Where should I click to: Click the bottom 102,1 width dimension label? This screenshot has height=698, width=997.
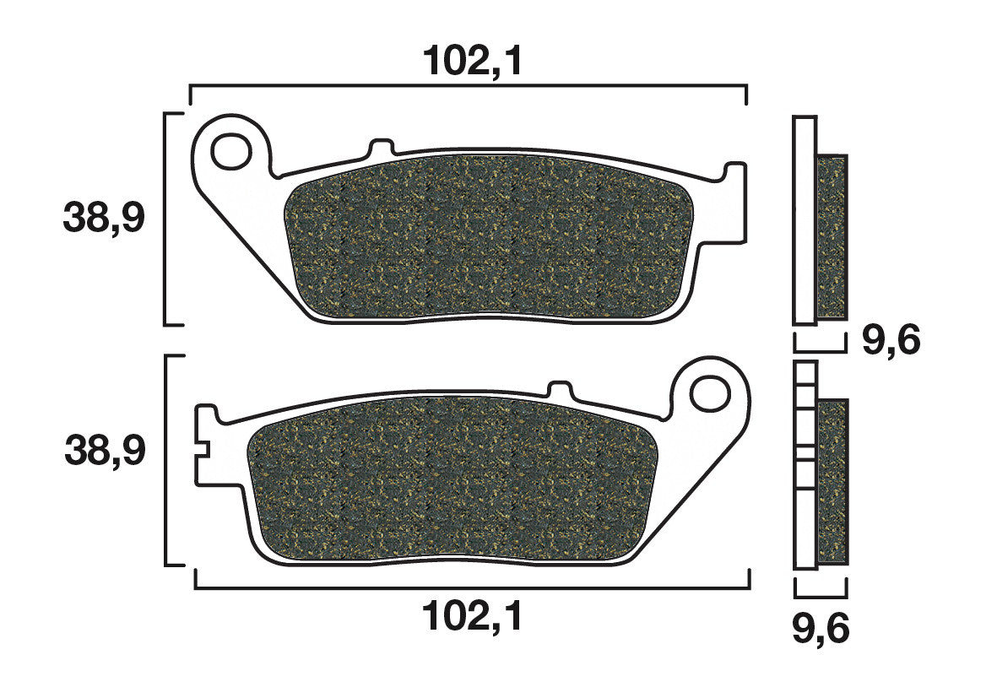tap(472, 616)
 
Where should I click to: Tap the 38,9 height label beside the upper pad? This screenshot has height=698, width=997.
tap(105, 218)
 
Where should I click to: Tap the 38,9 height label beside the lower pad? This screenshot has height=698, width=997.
tap(106, 452)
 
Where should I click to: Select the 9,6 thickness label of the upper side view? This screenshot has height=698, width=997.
tap(891, 342)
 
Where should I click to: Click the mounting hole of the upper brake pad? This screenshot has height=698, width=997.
tap(231, 151)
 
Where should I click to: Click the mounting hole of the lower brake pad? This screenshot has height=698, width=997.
tap(710, 393)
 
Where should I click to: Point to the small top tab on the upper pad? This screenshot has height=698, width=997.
tap(380, 145)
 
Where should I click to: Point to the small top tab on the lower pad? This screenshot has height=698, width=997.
tap(560, 388)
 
